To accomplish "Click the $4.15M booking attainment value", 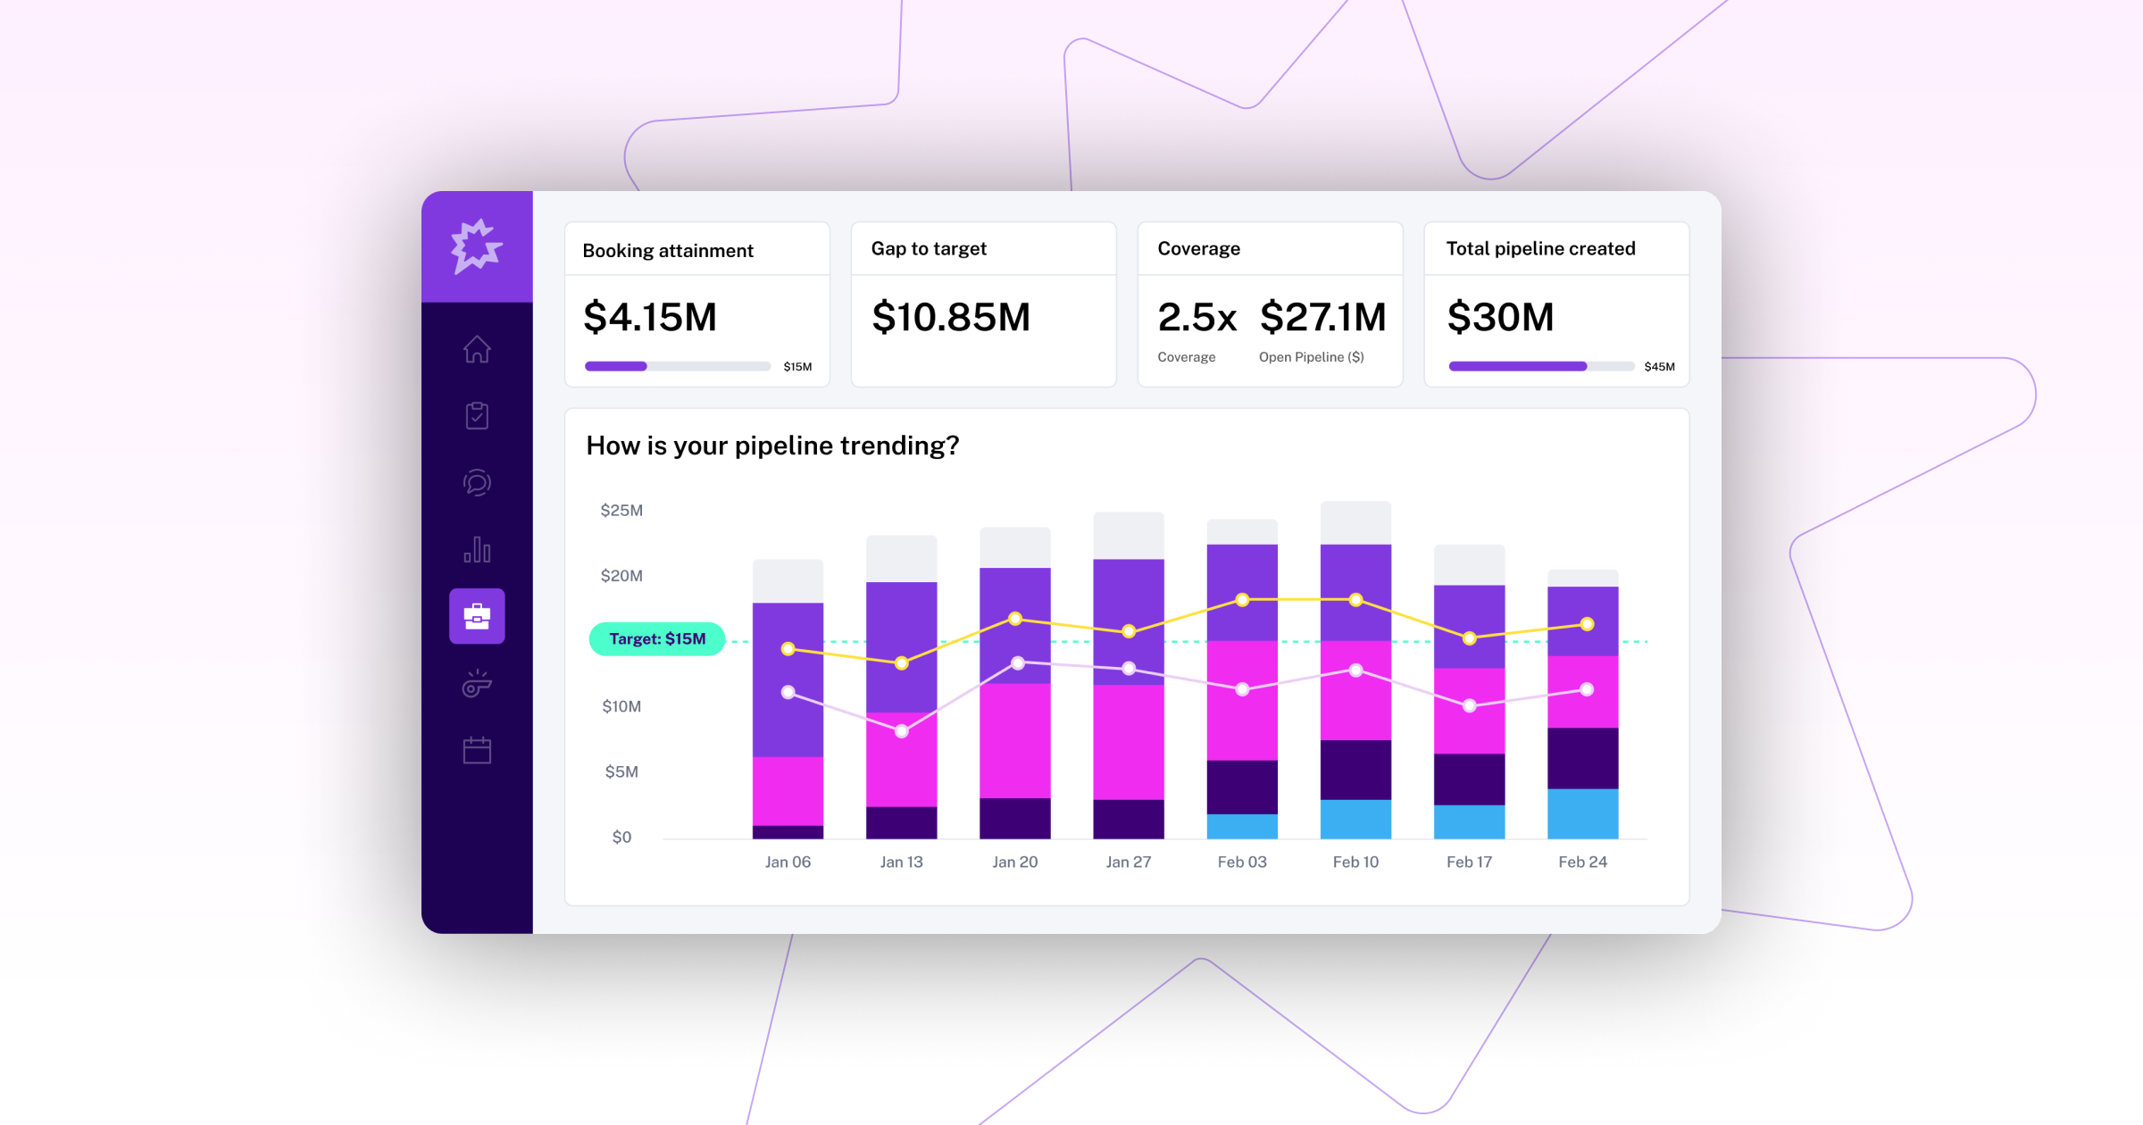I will pos(650,318).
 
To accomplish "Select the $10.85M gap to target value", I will pos(951,318).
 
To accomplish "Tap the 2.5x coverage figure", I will pos(1197,318).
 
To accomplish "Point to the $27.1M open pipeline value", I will pos(1322,318).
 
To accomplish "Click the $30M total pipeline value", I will pos(1500,318).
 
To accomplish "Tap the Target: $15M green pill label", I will pos(657,639).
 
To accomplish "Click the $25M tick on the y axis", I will pos(621,511).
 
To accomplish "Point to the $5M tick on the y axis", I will pos(621,772).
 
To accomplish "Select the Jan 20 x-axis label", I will pos(1015,862).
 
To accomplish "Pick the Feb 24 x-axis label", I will pos(1582,862).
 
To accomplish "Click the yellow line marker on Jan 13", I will pos(902,663).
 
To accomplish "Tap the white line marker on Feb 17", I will pos(1470,705).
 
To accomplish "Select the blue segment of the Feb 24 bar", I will pos(1582,813).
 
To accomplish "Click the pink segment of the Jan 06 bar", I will pos(788,791).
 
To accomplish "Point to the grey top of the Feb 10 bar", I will pos(1355,523).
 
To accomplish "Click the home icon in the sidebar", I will pos(477,349).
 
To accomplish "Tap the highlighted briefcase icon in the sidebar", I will pos(477,616).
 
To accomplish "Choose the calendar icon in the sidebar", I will pos(477,750).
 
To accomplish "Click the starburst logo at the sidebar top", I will pos(477,246).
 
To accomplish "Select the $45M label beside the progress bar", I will pos(1659,367).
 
